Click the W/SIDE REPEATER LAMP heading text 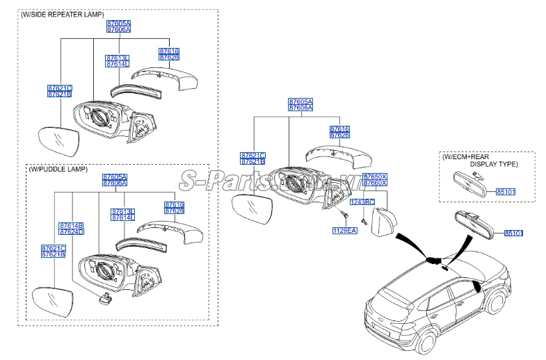point(63,14)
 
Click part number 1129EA point(344,230)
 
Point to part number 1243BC point(362,202)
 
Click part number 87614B point(72,226)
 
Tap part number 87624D point(72,232)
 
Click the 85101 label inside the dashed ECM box point(506,190)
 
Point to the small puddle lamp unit point(107,299)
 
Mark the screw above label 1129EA point(343,211)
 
